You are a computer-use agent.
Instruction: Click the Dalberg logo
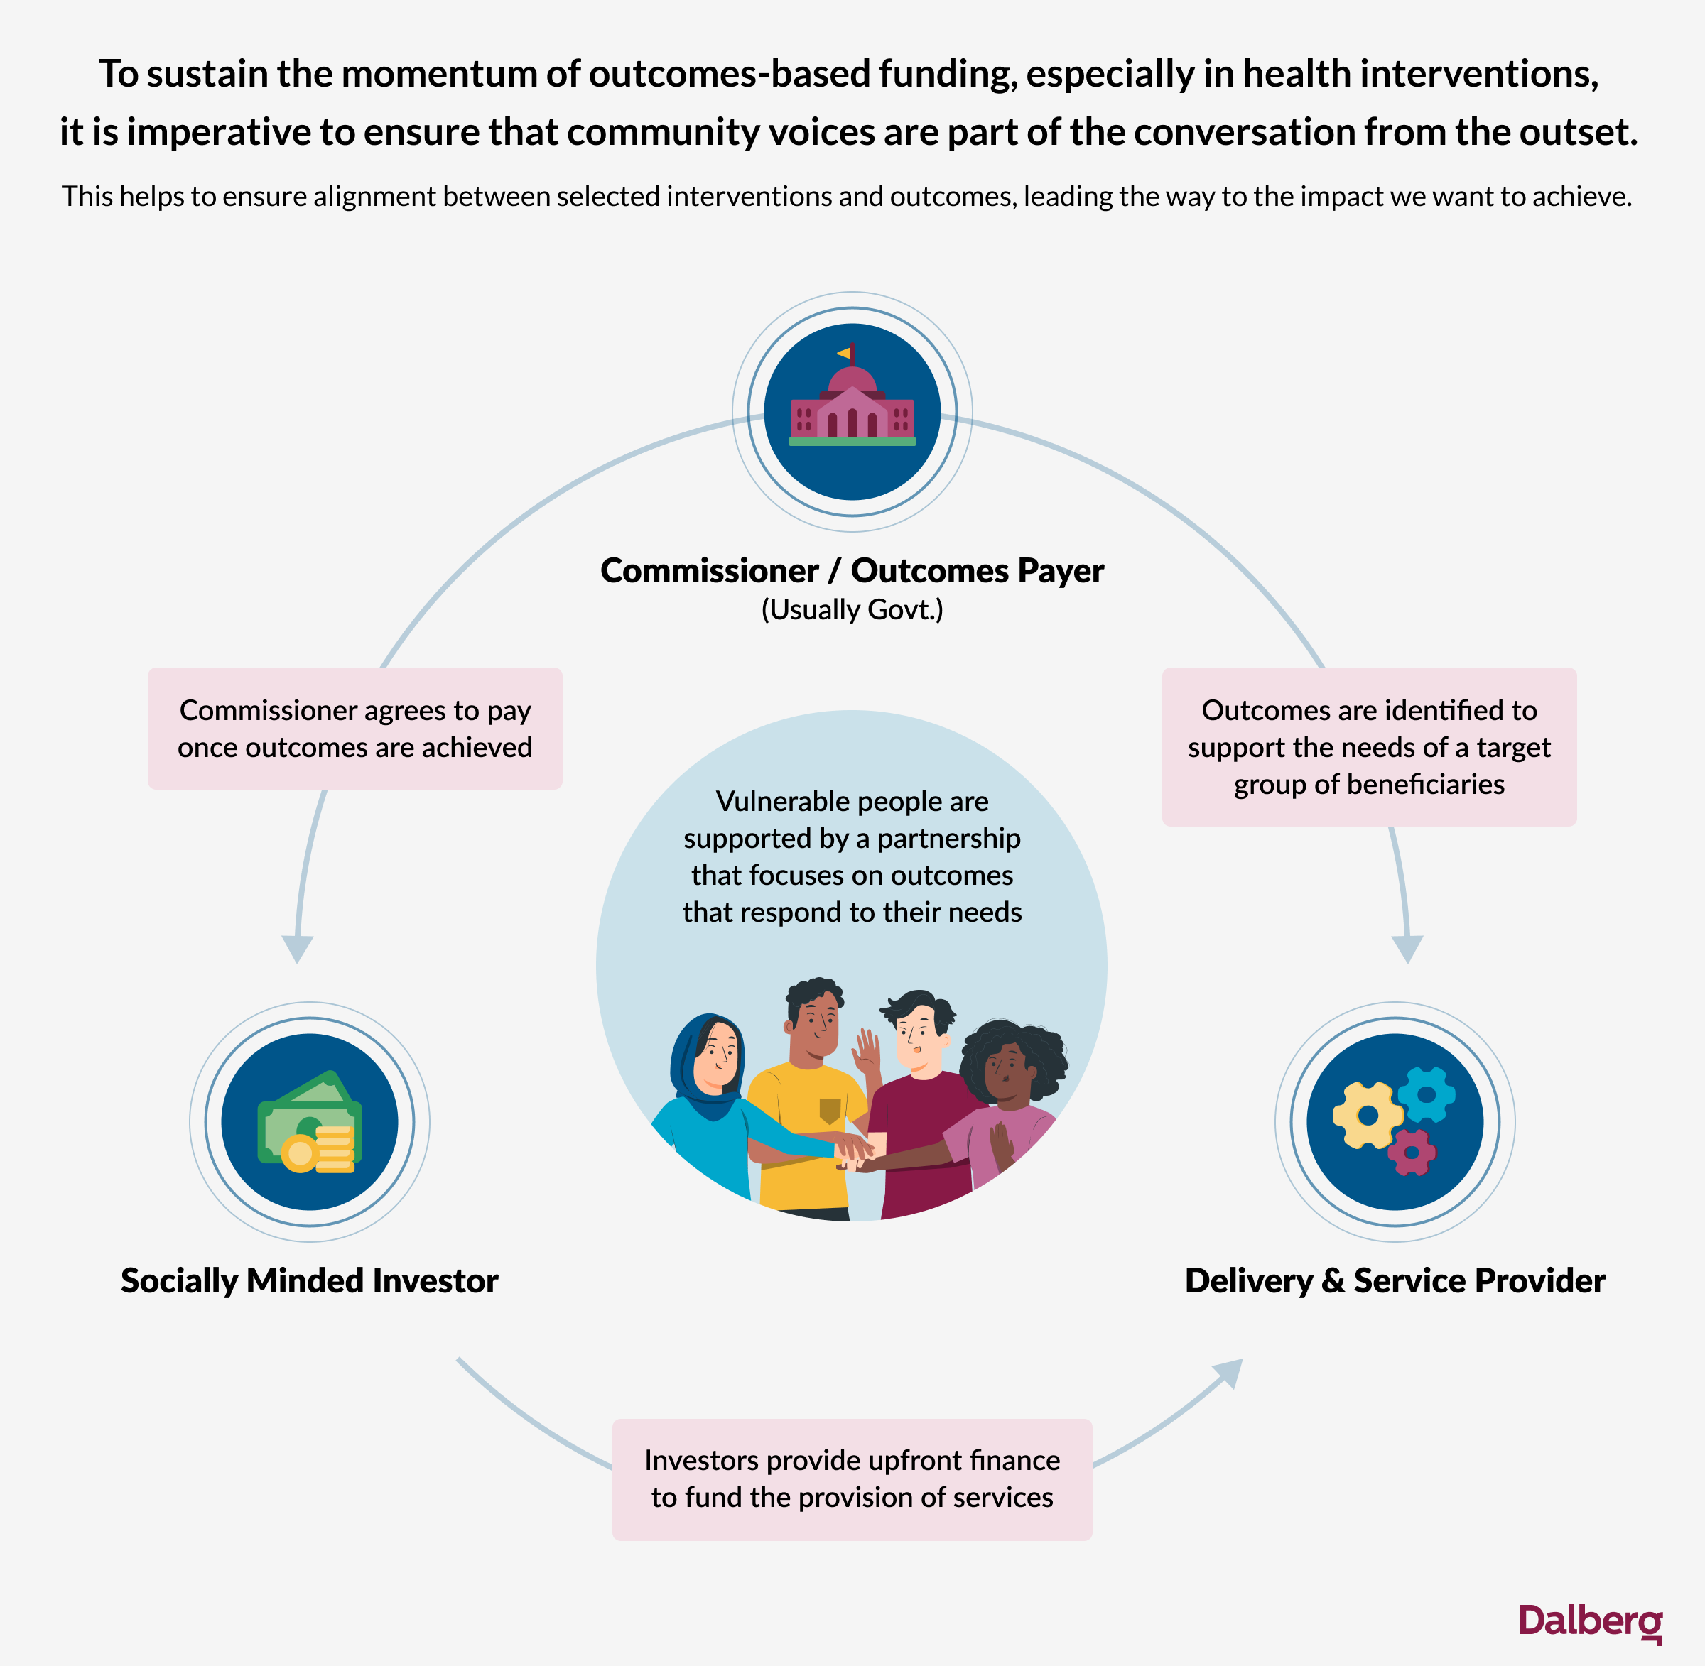coord(1591,1621)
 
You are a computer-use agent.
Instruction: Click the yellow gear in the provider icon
coord(1367,1115)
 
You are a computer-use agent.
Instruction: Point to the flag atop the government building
coord(845,354)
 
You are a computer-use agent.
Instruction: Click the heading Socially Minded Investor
coord(309,1281)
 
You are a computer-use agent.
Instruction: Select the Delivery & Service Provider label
coord(1395,1281)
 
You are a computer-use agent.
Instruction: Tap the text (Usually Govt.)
coord(852,610)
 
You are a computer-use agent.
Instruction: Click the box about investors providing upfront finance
coord(852,1480)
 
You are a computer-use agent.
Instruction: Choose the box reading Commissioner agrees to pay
coord(354,729)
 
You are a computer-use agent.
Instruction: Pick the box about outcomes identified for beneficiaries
coord(1369,747)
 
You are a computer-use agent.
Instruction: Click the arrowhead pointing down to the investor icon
coord(297,949)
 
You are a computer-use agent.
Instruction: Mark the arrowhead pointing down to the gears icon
coord(1407,949)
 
